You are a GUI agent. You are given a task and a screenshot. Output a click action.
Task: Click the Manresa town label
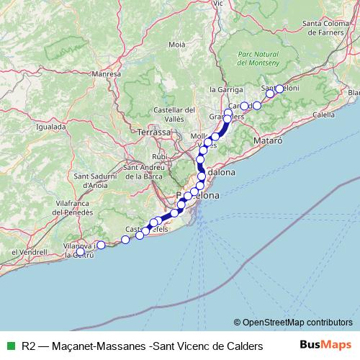(106, 73)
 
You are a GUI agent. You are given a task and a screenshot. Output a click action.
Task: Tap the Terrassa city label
(155, 132)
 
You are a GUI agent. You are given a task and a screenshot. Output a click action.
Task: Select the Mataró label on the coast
(269, 142)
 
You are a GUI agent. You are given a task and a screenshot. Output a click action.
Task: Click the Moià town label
(177, 45)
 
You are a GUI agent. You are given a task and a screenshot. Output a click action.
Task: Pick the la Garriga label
(223, 89)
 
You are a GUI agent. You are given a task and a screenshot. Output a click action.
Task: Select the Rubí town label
(159, 156)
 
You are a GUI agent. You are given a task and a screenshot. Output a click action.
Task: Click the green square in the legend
(9, 345)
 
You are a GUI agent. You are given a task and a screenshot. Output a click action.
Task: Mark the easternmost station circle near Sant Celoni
(279, 89)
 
